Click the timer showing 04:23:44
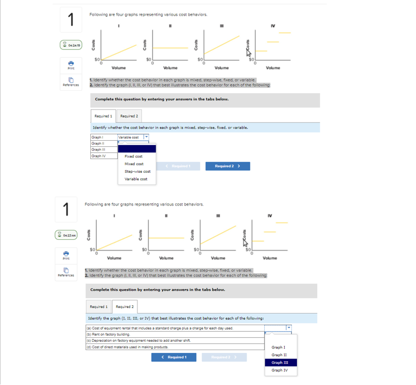[66, 235]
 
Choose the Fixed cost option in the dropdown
[133, 156]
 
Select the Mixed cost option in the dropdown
[133, 164]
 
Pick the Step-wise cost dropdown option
[137, 171]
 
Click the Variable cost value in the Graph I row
[130, 137]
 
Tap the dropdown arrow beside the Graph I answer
[146, 137]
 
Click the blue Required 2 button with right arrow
[228, 166]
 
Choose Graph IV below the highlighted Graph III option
[279, 370]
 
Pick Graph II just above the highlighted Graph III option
[279, 355]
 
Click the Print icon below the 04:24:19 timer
[71, 65]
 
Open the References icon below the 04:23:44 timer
[66, 272]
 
